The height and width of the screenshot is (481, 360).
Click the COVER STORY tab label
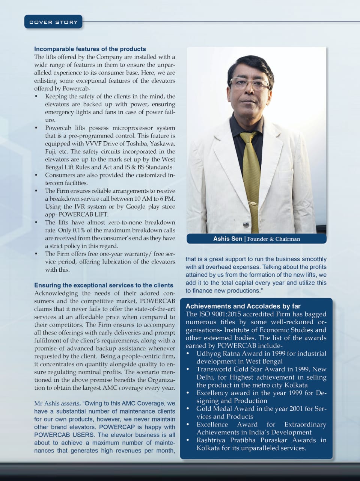coord(53,22)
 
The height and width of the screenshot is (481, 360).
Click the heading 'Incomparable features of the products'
coord(90,49)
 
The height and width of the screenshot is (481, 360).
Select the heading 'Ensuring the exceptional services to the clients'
coord(104,285)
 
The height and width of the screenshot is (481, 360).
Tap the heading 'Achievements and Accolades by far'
coord(243,306)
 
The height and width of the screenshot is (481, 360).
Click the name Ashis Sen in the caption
coord(227,239)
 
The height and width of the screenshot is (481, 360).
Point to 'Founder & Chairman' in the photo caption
coord(274,239)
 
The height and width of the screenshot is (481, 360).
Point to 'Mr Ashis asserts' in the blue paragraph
coord(57,404)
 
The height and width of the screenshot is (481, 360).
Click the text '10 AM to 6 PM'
coord(156,199)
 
